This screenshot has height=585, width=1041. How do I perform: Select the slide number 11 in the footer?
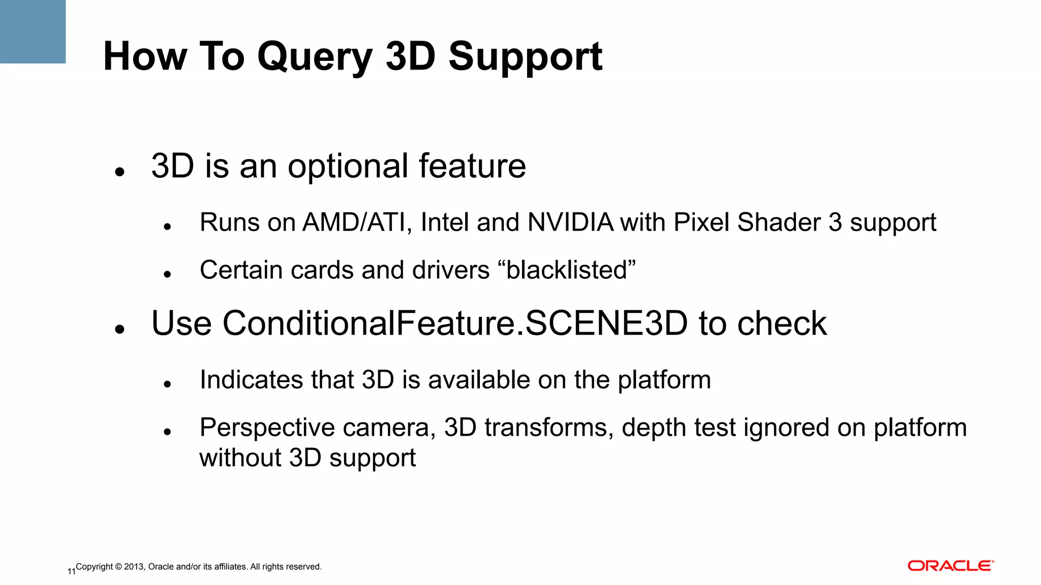(x=71, y=571)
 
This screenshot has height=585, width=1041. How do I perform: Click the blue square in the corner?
(x=33, y=31)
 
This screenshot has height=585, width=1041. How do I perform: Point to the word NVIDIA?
(x=570, y=222)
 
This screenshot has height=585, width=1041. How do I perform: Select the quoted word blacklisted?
(x=570, y=270)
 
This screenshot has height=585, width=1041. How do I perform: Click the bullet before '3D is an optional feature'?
(x=120, y=172)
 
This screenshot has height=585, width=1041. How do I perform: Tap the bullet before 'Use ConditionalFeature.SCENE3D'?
(x=120, y=329)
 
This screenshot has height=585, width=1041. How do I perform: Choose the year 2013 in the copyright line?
(x=134, y=567)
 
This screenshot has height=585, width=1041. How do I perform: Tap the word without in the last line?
(x=240, y=458)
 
